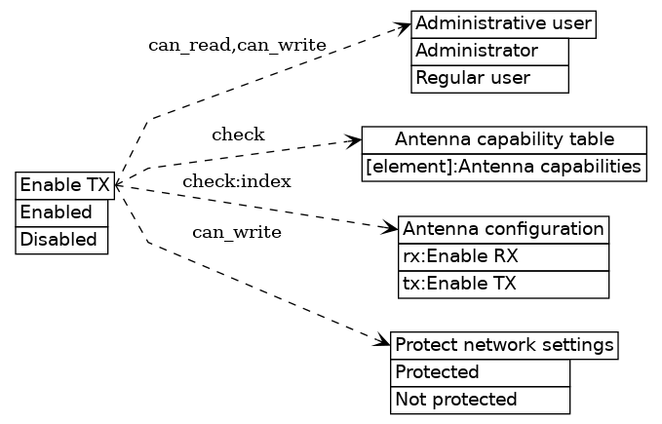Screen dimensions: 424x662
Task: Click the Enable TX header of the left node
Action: click(65, 185)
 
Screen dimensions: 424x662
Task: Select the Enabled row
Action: click(61, 212)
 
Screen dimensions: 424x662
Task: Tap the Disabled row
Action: click(61, 240)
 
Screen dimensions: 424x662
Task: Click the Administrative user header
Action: click(503, 23)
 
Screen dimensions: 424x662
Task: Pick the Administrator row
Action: click(489, 51)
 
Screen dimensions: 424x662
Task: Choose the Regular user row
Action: click(489, 78)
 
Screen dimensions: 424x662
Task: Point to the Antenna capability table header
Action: click(504, 138)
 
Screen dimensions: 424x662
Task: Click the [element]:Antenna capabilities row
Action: click(504, 167)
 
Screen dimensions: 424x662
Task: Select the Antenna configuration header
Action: click(504, 229)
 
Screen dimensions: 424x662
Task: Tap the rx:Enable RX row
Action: click(504, 257)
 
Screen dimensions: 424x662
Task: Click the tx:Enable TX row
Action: click(504, 285)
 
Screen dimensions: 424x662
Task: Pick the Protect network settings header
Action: click(504, 345)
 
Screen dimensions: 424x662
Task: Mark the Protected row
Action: click(480, 372)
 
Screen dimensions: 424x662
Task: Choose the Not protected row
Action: click(480, 400)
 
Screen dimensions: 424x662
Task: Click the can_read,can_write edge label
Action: click(237, 46)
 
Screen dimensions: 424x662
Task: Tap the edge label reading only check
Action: click(238, 135)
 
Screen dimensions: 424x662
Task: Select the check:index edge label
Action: click(237, 181)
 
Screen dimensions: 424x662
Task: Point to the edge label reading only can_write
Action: click(237, 232)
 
